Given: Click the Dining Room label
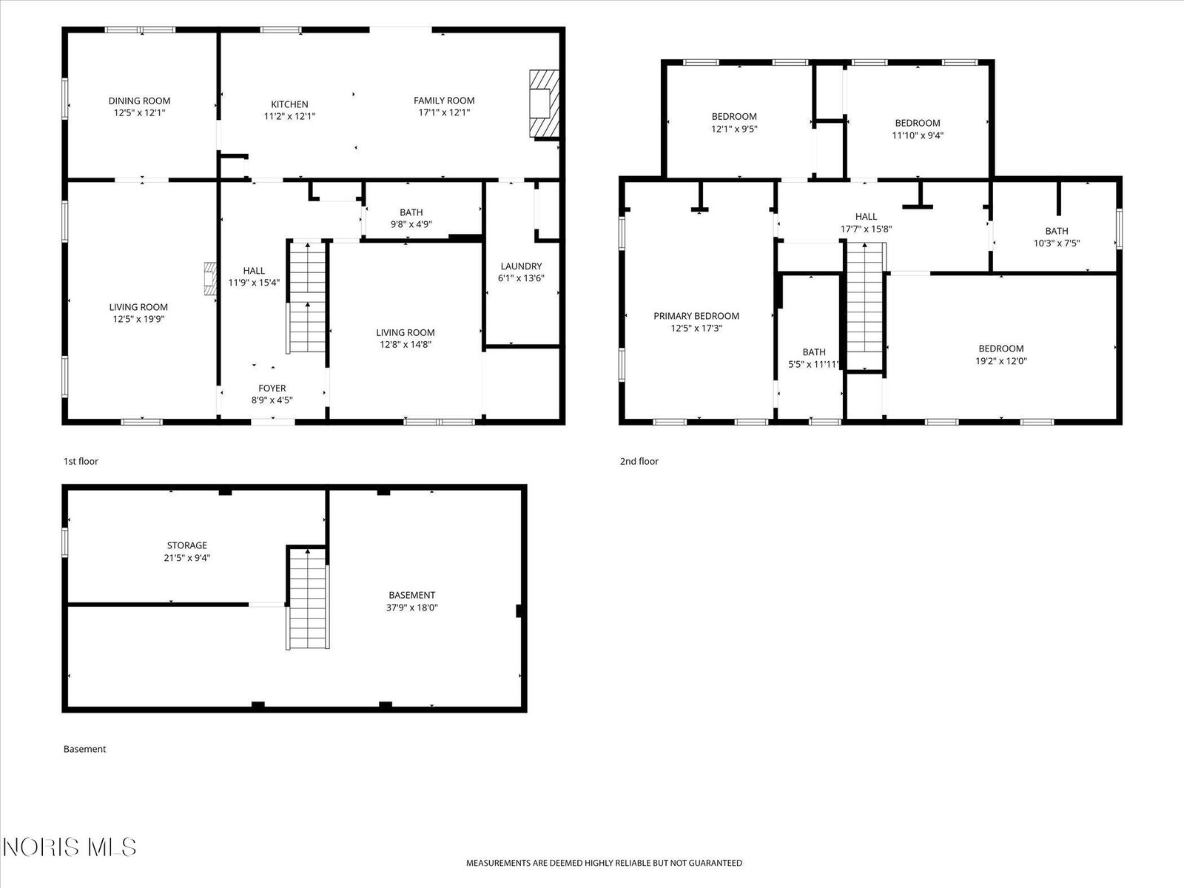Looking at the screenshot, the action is tap(139, 101).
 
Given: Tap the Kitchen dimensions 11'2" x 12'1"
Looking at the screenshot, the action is tap(289, 116).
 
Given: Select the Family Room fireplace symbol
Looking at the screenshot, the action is tap(544, 104).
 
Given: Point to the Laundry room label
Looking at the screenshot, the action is tap(521, 266).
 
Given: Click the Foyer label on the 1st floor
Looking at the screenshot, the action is tap(272, 388).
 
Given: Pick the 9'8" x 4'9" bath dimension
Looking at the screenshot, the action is tap(411, 224).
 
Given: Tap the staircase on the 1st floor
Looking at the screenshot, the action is tap(307, 297).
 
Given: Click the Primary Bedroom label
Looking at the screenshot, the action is tap(696, 316).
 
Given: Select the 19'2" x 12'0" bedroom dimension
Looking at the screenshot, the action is tap(1001, 360).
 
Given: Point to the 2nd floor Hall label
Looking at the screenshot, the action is tap(867, 217).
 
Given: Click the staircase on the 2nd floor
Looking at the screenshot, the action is tap(865, 305).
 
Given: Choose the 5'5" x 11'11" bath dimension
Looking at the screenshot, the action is tap(814, 364).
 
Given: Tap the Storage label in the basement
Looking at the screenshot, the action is tap(187, 545).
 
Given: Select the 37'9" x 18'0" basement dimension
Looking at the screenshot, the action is tap(411, 608).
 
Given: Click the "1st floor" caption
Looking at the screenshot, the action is tap(81, 462).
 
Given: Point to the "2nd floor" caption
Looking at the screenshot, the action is tap(639, 462).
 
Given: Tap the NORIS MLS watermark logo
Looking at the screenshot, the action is tap(69, 847).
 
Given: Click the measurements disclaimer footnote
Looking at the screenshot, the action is tap(604, 863).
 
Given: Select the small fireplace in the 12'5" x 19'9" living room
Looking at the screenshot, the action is tap(210, 279).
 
